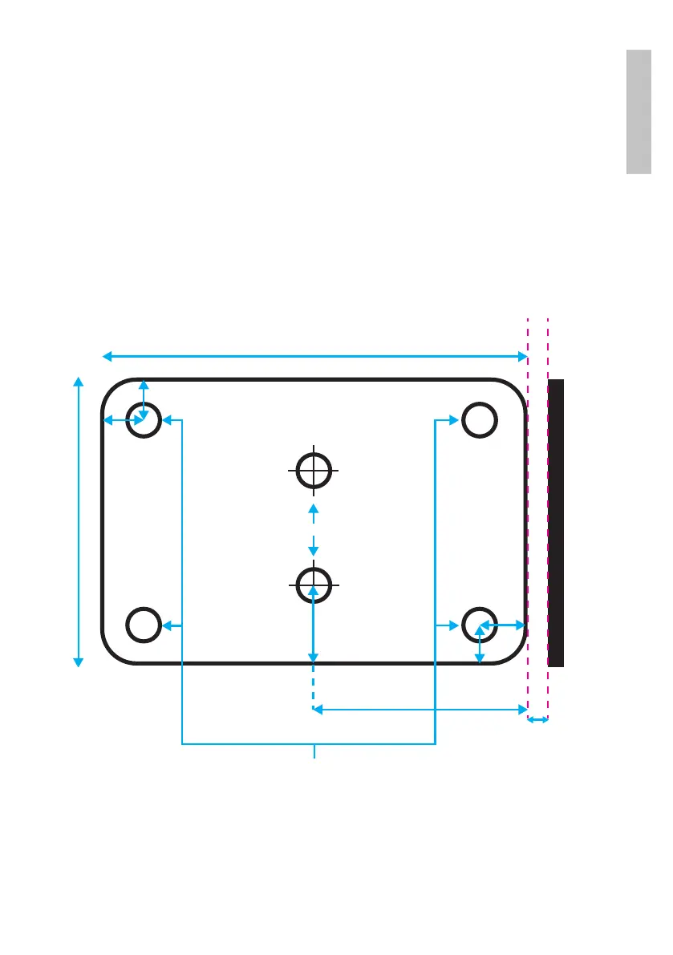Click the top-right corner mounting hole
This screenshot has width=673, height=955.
478,419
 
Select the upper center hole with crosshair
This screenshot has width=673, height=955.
314,470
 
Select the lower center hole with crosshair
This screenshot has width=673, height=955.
314,585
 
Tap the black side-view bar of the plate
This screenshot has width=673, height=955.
556,522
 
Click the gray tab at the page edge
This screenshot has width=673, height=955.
639,111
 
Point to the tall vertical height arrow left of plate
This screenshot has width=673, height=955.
79,521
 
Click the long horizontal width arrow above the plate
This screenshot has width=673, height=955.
313,355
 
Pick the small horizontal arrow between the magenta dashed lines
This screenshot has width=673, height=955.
537,720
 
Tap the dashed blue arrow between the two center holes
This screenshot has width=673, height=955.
314,529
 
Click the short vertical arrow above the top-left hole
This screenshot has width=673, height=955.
144,399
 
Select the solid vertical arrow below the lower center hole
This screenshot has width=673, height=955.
314,625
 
